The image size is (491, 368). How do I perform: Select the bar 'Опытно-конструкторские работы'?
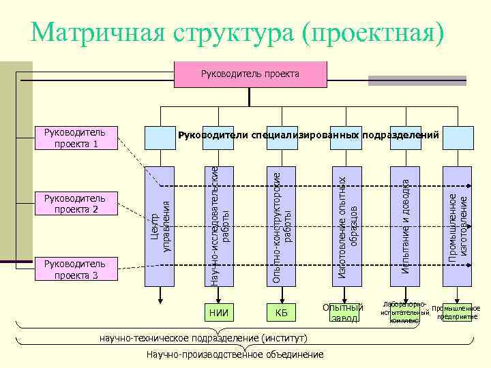(x=281, y=226)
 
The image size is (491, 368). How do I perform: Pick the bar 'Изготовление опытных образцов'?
(x=348, y=226)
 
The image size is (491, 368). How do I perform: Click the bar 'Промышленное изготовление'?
(x=457, y=226)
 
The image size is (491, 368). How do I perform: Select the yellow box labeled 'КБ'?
(x=281, y=313)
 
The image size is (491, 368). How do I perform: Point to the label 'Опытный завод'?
(x=340, y=312)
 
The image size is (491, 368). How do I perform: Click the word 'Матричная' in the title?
(x=100, y=31)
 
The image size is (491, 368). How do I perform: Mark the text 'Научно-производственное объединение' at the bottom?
(x=235, y=354)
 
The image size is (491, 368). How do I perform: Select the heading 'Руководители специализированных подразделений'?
(x=308, y=135)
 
